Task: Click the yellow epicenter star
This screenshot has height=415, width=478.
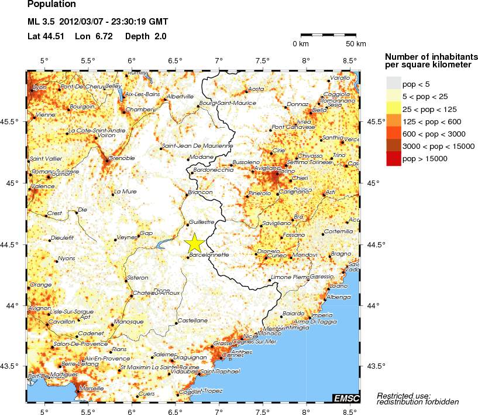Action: tap(194, 243)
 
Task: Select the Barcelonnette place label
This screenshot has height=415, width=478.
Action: tap(209, 255)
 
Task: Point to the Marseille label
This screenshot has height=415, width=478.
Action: tap(91, 388)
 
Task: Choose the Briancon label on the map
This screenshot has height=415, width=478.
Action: tap(200, 192)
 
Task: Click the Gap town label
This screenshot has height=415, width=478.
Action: tap(145, 233)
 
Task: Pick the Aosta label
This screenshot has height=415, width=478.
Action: tap(257, 89)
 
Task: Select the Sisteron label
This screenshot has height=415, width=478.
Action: tap(137, 277)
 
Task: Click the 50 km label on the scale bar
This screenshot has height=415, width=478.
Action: tap(356, 44)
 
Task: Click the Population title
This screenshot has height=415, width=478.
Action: tap(51, 5)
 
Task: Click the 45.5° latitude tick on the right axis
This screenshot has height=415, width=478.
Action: tap(374, 121)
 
